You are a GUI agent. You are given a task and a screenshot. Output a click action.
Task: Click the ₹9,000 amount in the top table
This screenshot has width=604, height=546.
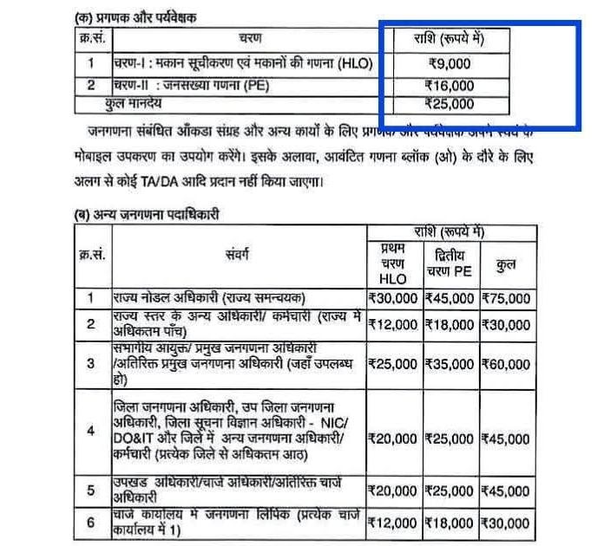(x=450, y=62)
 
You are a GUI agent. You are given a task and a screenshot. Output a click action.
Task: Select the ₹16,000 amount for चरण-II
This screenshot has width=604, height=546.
(x=450, y=85)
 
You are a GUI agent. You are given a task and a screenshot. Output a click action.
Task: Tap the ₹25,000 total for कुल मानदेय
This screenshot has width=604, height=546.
(x=450, y=104)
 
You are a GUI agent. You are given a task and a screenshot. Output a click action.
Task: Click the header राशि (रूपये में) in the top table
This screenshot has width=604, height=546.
(x=450, y=39)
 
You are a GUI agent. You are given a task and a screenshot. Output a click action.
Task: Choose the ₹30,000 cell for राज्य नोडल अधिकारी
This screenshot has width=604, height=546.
(x=393, y=298)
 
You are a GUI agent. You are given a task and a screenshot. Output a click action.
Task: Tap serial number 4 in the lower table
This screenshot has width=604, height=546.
(x=89, y=431)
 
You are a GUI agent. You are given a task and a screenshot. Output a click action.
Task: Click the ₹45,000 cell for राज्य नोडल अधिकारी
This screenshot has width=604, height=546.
(x=449, y=298)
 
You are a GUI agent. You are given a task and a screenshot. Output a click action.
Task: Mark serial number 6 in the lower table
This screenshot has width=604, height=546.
(x=89, y=523)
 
